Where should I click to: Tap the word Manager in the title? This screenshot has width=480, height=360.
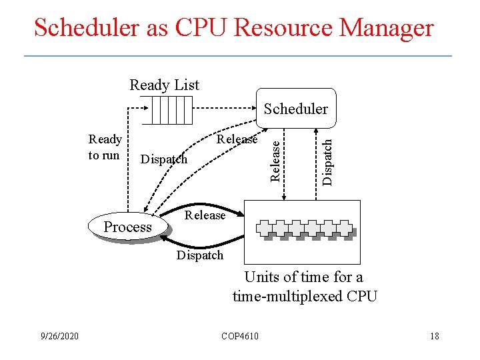pyautogui.click(x=387, y=28)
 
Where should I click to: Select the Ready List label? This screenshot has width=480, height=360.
pyautogui.click(x=164, y=85)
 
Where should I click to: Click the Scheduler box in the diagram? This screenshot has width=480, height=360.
pyautogui.click(x=296, y=108)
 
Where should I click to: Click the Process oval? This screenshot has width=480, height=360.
pyautogui.click(x=128, y=227)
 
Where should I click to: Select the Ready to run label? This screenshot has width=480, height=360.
pyautogui.click(x=105, y=147)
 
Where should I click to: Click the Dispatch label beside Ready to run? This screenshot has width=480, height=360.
pyautogui.click(x=164, y=160)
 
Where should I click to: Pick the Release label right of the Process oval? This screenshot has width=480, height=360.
pyautogui.click(x=205, y=215)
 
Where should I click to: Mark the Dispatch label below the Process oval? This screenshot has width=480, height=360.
pyautogui.click(x=200, y=255)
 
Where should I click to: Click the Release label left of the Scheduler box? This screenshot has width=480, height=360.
pyautogui.click(x=237, y=139)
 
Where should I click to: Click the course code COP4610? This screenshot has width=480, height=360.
pyautogui.click(x=240, y=336)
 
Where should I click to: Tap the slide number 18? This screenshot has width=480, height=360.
pyautogui.click(x=434, y=336)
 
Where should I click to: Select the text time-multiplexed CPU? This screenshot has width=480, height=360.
pyautogui.click(x=305, y=295)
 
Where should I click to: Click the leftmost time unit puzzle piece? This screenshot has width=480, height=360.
pyautogui.click(x=265, y=229)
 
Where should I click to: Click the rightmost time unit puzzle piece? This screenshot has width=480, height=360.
pyautogui.click(x=345, y=229)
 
